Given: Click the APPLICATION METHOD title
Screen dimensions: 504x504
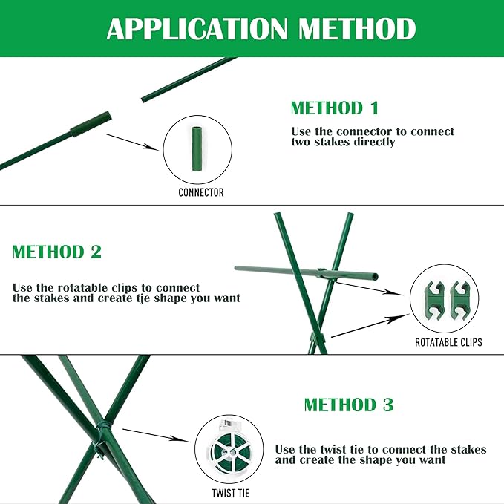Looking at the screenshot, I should coord(261,29).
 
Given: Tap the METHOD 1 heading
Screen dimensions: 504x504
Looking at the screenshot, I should coord(334,108).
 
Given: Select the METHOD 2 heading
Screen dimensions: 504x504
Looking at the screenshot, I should coord(56,252).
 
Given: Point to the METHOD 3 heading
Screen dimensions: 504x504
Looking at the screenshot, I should coord(348,405).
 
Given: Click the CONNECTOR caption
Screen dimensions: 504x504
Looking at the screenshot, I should coord(200,192).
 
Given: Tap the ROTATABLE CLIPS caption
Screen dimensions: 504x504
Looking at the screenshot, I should coord(448,342).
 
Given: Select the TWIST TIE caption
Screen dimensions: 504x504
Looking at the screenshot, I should coord(229,491).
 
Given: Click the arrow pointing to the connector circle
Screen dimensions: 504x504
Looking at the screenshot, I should coord(133,142).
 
